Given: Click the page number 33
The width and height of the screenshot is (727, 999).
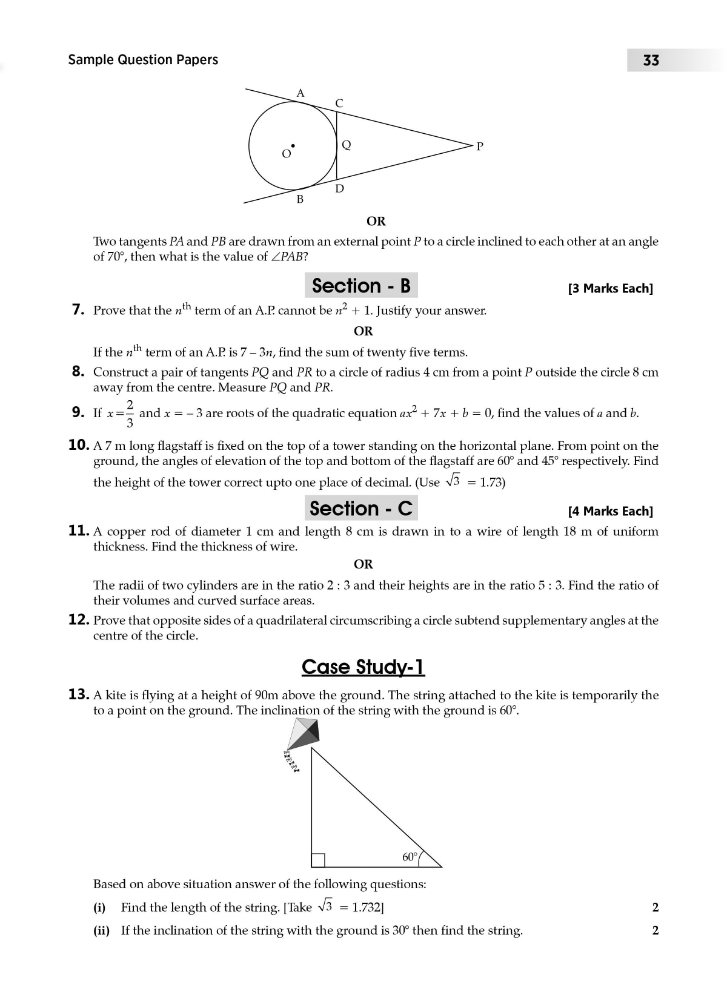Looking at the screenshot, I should [651, 61].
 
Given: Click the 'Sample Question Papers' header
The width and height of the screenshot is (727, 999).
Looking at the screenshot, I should [143, 59].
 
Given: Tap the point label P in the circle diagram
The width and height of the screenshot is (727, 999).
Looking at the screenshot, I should [480, 147].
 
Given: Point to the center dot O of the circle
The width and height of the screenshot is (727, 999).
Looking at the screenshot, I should [293, 146].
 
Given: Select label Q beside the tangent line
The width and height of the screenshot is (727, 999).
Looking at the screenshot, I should [347, 145].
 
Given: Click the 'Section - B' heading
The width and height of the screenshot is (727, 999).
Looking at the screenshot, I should [361, 286].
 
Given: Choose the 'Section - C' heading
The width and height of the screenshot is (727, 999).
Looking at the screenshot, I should [361, 509].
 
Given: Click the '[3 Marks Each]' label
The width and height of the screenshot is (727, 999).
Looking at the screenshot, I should [610, 289].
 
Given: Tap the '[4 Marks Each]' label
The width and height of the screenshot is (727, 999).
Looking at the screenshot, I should [610, 512].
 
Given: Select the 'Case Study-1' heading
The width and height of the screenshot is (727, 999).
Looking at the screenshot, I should [363, 667].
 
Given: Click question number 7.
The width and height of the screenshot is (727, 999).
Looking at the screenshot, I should [78, 310].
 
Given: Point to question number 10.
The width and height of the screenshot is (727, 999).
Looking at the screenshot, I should [79, 445].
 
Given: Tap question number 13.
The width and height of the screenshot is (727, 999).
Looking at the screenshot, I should [79, 694].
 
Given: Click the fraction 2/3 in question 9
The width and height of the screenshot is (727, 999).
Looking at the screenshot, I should [129, 413].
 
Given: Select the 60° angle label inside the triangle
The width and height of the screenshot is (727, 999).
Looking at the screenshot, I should [410, 857].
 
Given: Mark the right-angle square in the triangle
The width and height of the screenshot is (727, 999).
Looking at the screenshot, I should [318, 860].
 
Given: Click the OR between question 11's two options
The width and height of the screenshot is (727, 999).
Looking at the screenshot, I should [363, 564].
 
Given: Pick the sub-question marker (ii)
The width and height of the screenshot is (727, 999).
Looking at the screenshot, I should [101, 931].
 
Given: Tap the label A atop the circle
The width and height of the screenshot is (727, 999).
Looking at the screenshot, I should [300, 93].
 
